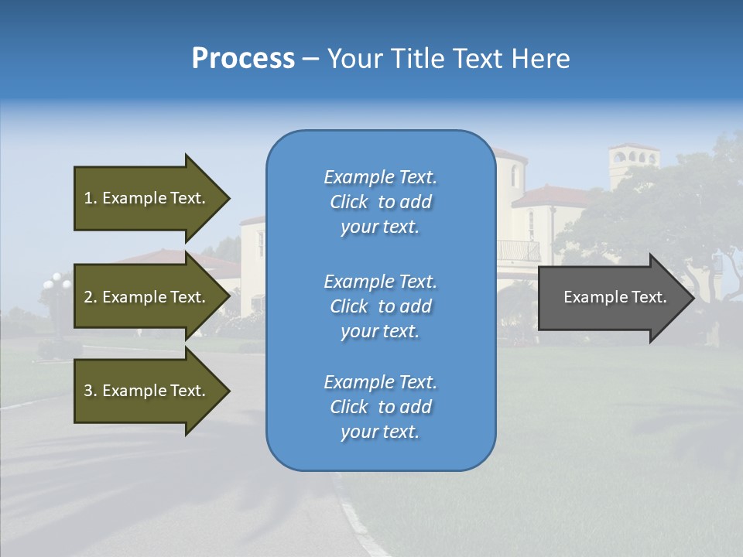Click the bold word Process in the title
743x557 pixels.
[243, 59]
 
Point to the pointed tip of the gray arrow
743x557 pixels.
[691, 298]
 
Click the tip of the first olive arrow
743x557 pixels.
[227, 198]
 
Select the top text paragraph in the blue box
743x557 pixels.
[381, 202]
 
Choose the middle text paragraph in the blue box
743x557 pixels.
[381, 306]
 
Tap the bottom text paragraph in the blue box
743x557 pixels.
[381, 407]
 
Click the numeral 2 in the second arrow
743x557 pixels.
[88, 297]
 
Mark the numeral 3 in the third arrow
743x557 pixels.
[88, 391]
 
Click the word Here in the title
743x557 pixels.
[542, 59]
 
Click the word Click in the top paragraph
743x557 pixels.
[349, 202]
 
